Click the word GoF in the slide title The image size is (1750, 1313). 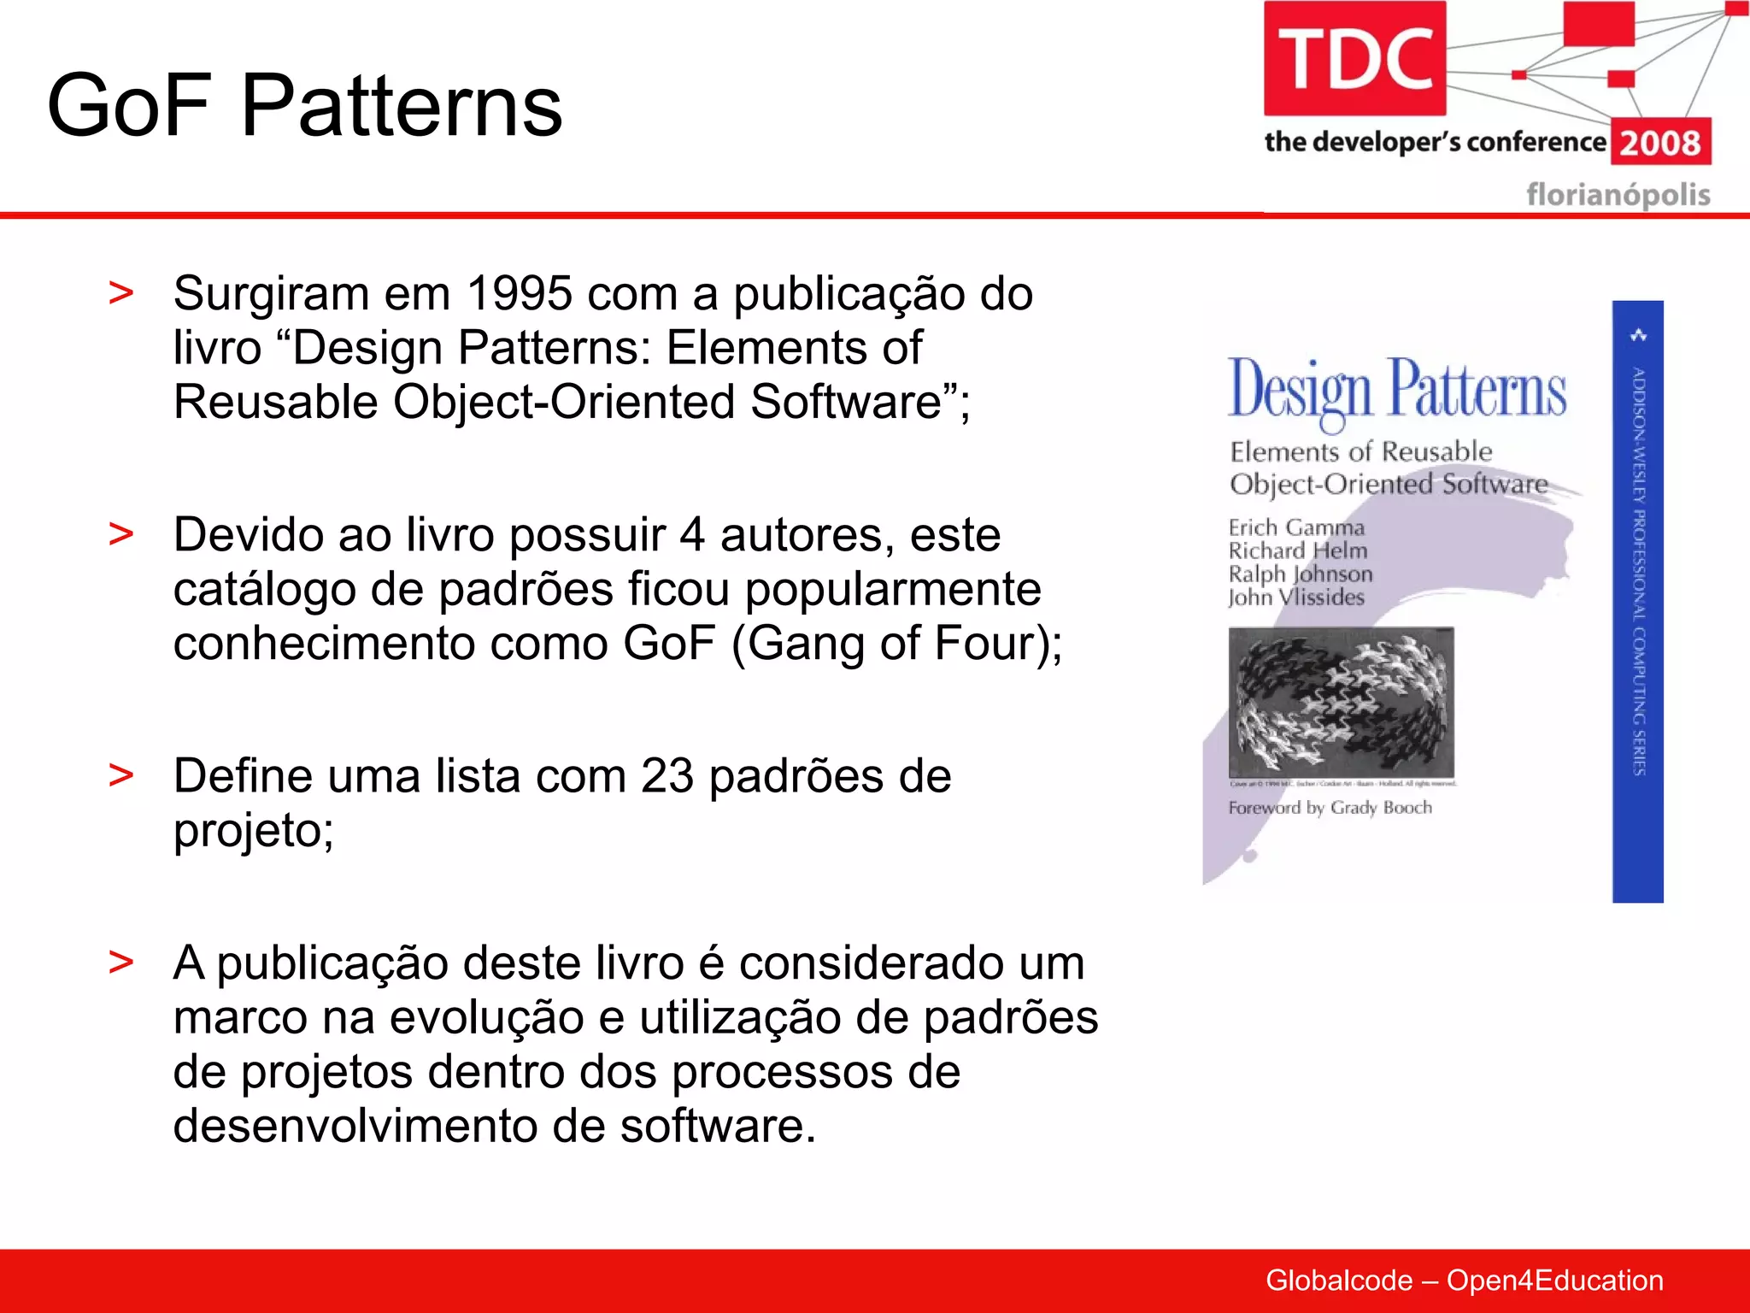[128, 106]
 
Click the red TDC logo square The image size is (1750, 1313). [1354, 58]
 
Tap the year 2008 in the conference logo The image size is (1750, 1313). [1660, 143]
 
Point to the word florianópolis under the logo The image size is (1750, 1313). [1618, 195]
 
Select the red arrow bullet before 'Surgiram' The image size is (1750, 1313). [121, 293]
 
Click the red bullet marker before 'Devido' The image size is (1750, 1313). [121, 534]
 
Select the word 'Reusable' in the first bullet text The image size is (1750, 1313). [275, 402]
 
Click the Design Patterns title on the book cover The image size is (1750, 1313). [1397, 390]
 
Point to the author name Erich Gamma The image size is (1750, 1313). [1296, 527]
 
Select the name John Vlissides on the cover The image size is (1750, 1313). [1296, 598]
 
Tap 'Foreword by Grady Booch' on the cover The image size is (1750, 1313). [1330, 808]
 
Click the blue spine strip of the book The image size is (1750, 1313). [1637, 601]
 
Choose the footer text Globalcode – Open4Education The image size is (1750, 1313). [1464, 1281]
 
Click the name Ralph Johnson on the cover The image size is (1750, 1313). [1301, 574]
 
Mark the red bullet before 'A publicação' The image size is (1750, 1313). [121, 963]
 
